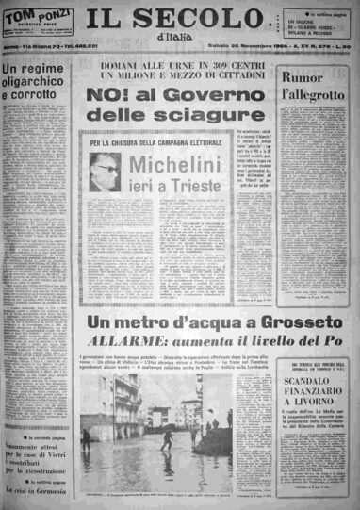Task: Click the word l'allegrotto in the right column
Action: coord(315,95)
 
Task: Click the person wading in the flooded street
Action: coord(168,438)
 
